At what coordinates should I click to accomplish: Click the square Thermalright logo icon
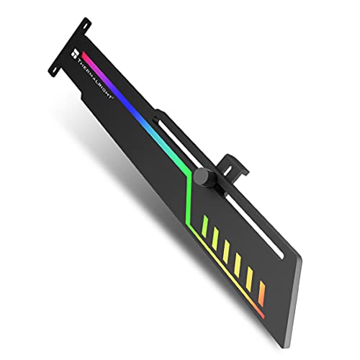click(75, 51)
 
